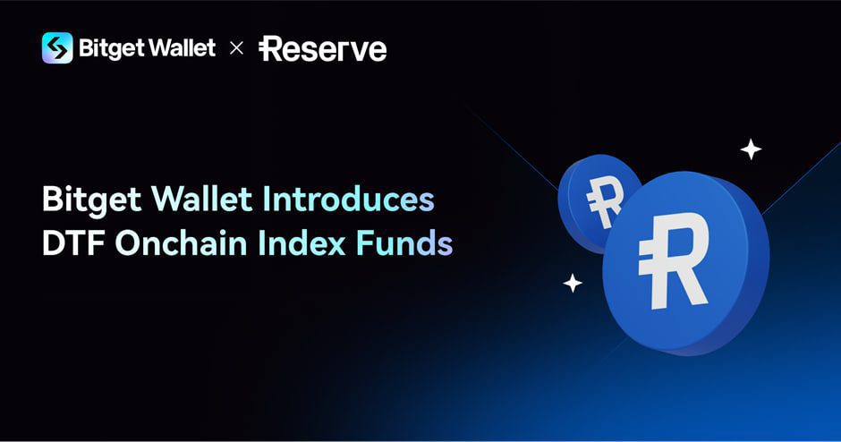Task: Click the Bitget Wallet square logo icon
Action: (57, 47)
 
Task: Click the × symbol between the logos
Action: (236, 47)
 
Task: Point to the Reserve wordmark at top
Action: (323, 48)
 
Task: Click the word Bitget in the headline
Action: (91, 200)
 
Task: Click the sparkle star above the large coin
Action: (751, 150)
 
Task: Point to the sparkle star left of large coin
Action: (573, 284)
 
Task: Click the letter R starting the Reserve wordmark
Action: (272, 48)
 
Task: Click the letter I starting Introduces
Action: (266, 200)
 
